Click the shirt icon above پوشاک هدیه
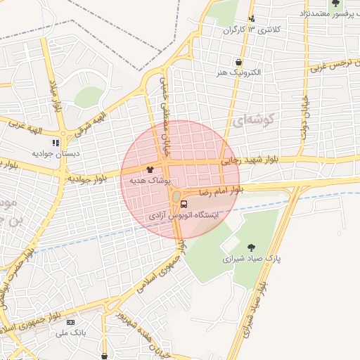coord(149,169)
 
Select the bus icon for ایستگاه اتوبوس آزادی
coord(184,204)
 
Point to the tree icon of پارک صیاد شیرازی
coord(252,247)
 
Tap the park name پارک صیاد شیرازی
coord(252,258)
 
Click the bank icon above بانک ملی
coord(70,322)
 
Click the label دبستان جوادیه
coord(56,153)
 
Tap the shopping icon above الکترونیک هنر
coord(239,63)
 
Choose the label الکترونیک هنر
coord(239,73)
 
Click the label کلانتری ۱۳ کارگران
coord(252,30)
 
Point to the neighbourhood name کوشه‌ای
coord(250,122)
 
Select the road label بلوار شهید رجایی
coord(251,160)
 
